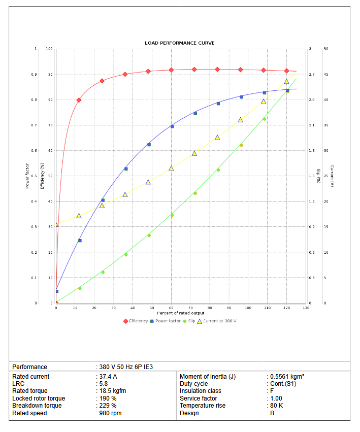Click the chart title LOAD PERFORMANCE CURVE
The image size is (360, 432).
[x=179, y=43]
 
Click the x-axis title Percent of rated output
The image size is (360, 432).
[x=180, y=313]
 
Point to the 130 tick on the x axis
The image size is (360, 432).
[x=306, y=308]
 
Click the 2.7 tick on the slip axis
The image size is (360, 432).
[x=312, y=75]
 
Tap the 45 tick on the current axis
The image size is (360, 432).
[x=325, y=75]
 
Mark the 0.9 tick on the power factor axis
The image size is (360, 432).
[x=35, y=75]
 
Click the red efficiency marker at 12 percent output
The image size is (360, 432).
[x=79, y=100]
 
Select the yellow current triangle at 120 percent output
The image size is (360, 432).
[x=286, y=81]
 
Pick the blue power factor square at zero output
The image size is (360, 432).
[x=57, y=291]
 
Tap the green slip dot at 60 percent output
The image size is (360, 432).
[x=172, y=215]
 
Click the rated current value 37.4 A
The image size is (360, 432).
[x=108, y=377]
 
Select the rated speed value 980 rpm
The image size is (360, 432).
[x=110, y=413]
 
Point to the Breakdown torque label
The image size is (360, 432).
[x=37, y=406]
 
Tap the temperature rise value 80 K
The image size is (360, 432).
[x=277, y=406]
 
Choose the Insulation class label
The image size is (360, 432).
[x=201, y=391]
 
